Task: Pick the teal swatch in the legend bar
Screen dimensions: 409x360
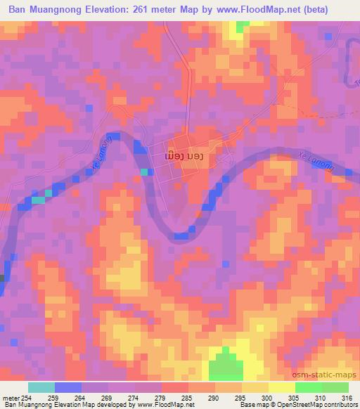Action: [x=41, y=387]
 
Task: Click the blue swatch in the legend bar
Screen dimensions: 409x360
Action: [x=68, y=387]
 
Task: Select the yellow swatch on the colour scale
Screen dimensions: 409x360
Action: [x=282, y=387]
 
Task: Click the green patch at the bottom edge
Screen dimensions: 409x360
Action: [x=224, y=365]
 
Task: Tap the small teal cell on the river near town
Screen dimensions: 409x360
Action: [x=144, y=171]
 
